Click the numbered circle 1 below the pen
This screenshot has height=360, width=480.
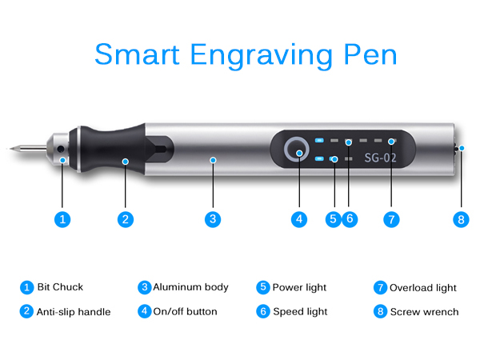click(x=64, y=218)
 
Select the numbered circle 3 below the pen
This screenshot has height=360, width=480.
click(x=212, y=218)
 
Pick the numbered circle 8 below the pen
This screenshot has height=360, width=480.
click(x=461, y=218)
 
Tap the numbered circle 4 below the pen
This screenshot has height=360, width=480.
click(x=298, y=218)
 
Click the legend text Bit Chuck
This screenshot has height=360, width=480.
click(x=60, y=287)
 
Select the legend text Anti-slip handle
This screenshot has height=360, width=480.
click(x=74, y=311)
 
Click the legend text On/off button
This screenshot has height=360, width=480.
click(x=185, y=311)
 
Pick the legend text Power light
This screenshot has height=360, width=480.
click(x=301, y=287)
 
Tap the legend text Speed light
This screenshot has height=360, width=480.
click(x=301, y=311)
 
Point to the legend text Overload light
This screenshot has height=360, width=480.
click(x=423, y=287)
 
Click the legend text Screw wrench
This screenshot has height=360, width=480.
click(x=424, y=311)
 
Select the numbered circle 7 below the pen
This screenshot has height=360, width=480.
click(x=391, y=218)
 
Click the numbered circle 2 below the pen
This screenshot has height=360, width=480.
click(x=124, y=218)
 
